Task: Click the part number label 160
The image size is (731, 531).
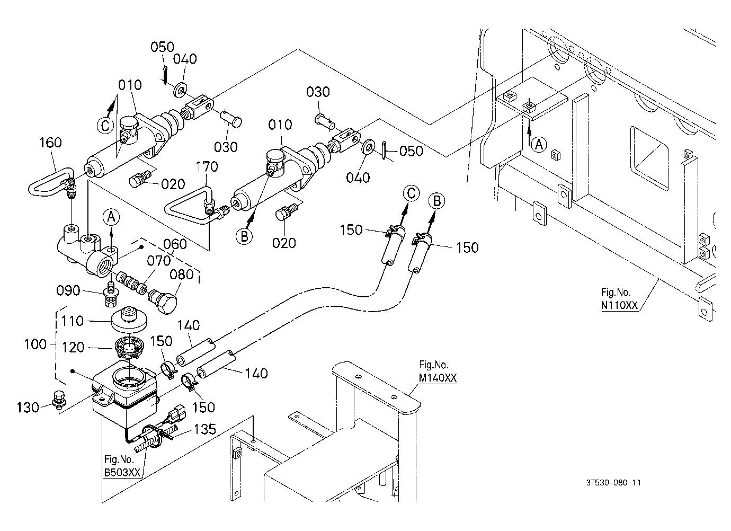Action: click(50, 143)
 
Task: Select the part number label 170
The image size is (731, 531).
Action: click(207, 167)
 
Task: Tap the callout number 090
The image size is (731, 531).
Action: click(68, 290)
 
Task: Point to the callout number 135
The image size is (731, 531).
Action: click(205, 429)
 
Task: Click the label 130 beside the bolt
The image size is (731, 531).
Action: click(28, 408)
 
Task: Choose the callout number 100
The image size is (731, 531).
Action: click(35, 344)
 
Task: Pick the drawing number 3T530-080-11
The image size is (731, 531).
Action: click(613, 483)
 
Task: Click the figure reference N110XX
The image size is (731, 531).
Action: click(619, 305)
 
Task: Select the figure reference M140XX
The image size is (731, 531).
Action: click(438, 378)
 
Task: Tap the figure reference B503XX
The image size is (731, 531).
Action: click(122, 472)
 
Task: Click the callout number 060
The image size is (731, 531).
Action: click(175, 244)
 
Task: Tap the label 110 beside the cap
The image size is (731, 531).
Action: click(72, 321)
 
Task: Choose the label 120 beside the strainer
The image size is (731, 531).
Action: click(73, 348)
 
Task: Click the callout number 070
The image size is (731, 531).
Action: click(158, 261)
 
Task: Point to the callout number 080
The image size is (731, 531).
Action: click(182, 275)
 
